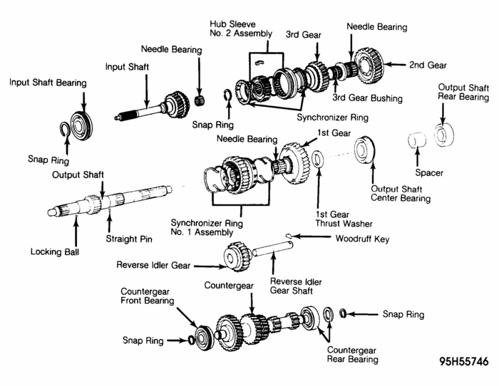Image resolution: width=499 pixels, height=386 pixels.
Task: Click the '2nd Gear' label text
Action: pos(428,65)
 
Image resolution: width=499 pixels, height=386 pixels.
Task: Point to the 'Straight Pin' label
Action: pos(130,239)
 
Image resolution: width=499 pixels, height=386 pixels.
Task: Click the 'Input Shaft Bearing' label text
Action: pos(48,83)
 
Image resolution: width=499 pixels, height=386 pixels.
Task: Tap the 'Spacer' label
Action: pos(429,172)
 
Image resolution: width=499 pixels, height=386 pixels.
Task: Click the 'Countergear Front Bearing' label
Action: pos(147,296)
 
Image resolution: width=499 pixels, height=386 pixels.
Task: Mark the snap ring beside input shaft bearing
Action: pos(65,129)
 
